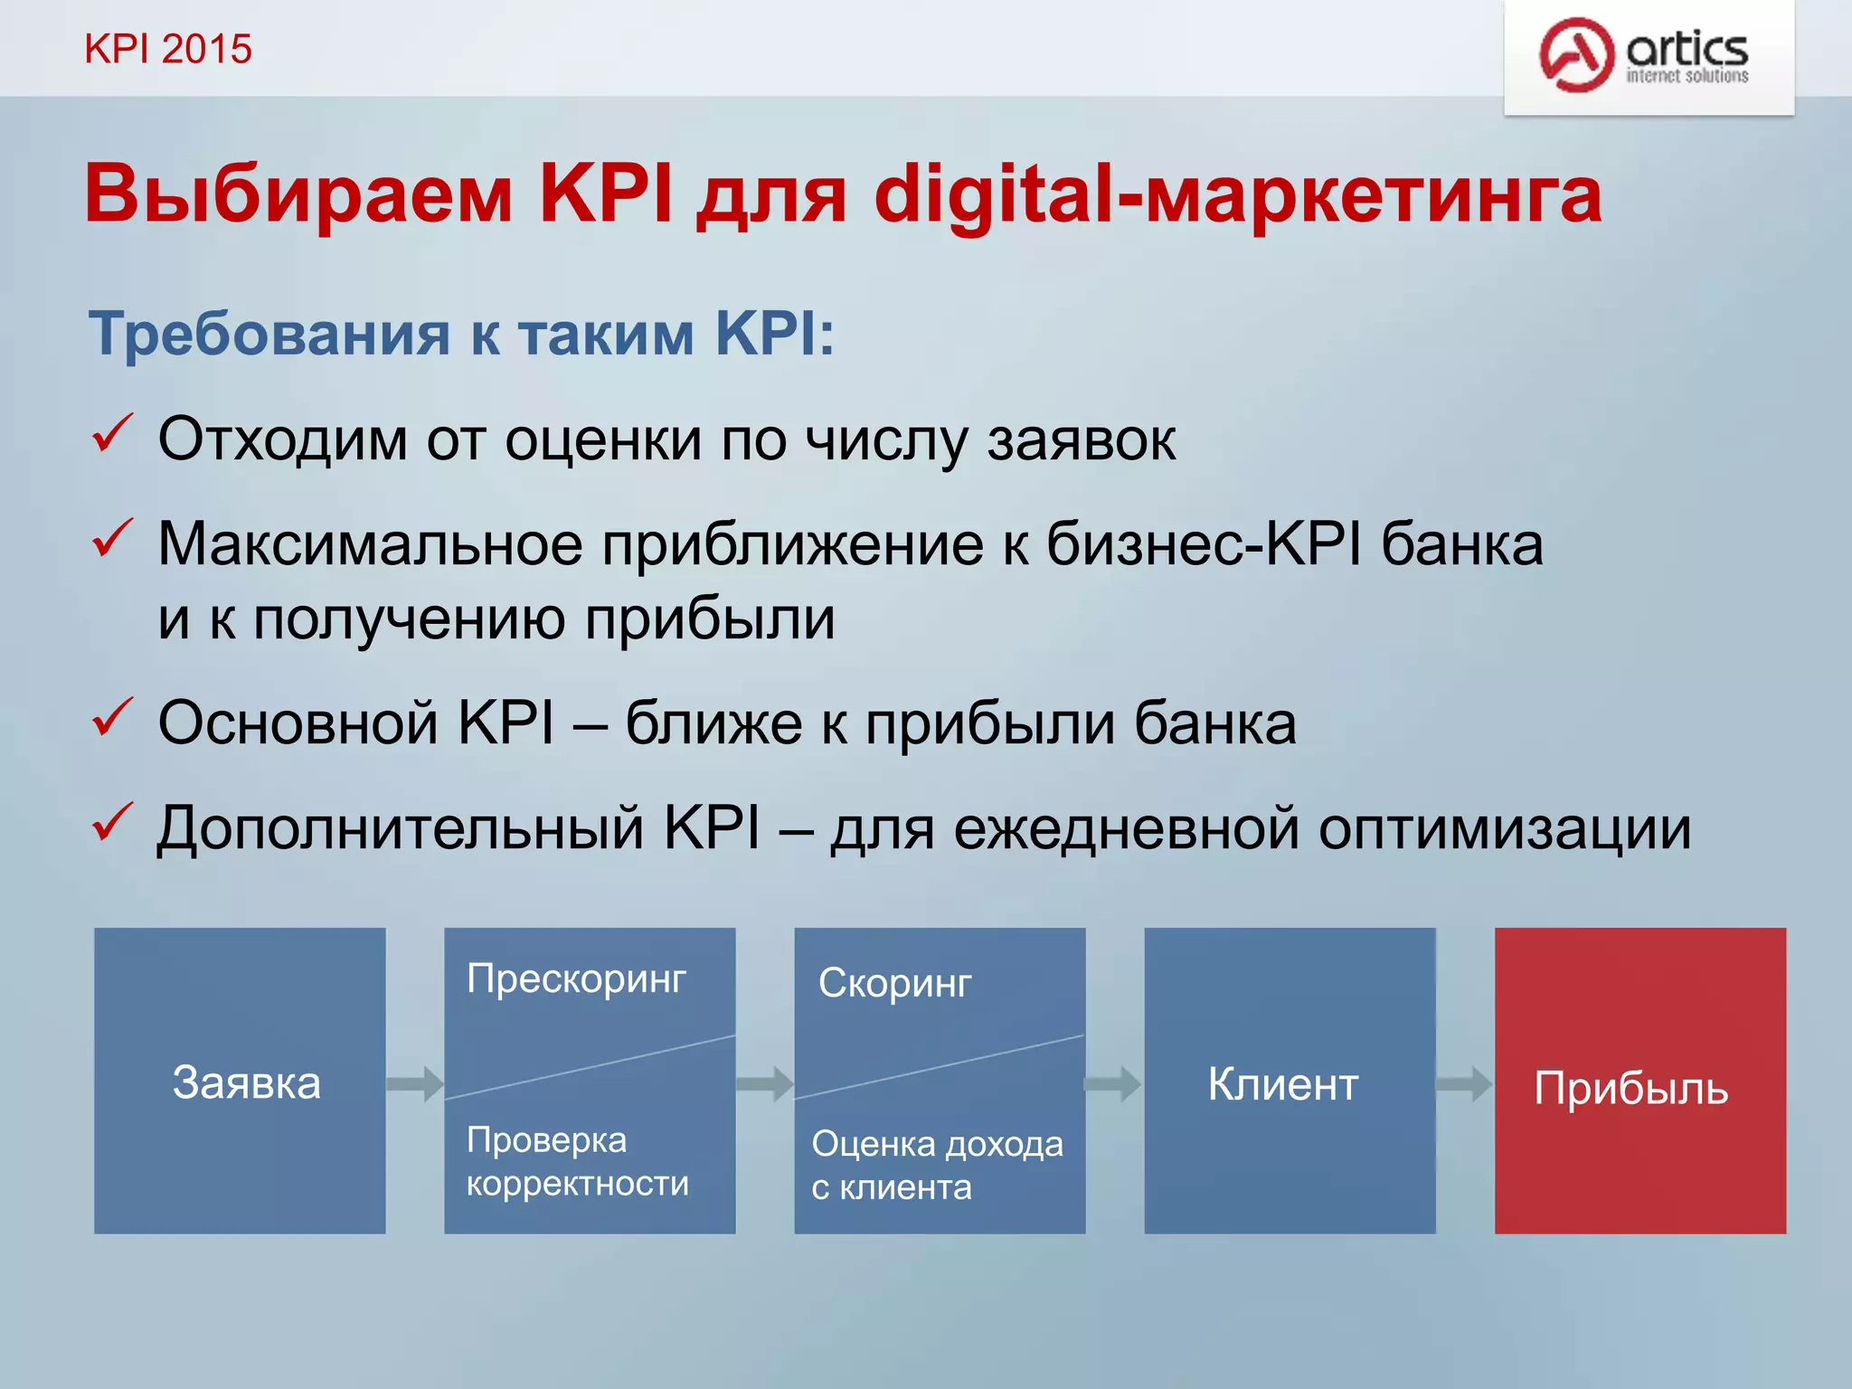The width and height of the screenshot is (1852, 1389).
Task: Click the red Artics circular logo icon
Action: [x=1576, y=54]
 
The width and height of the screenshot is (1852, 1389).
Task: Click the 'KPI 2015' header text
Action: [x=168, y=49]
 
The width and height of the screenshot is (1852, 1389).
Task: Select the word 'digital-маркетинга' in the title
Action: [x=1238, y=195]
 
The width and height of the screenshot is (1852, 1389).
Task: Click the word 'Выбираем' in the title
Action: [x=298, y=195]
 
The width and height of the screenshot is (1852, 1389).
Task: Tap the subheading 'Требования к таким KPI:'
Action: [x=461, y=334]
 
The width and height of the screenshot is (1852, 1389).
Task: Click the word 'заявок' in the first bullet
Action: [x=1082, y=440]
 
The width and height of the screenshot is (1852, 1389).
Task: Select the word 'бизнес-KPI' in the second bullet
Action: [x=1204, y=544]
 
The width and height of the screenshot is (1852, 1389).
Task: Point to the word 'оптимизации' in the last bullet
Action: [x=1504, y=828]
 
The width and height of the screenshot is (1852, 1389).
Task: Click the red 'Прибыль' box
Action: [x=1639, y=1081]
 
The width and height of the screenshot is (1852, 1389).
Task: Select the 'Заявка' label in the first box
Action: [x=246, y=1082]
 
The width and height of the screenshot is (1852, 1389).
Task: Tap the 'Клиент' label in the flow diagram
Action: [x=1282, y=1083]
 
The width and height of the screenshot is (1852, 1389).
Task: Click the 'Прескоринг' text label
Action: [x=576, y=979]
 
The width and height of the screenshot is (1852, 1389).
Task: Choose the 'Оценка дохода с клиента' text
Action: [x=937, y=1166]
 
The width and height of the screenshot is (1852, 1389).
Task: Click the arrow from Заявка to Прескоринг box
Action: [x=415, y=1082]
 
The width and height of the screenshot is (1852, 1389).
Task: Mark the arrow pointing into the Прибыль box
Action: [x=1464, y=1083]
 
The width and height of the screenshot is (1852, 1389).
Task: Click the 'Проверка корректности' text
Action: [x=577, y=1162]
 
